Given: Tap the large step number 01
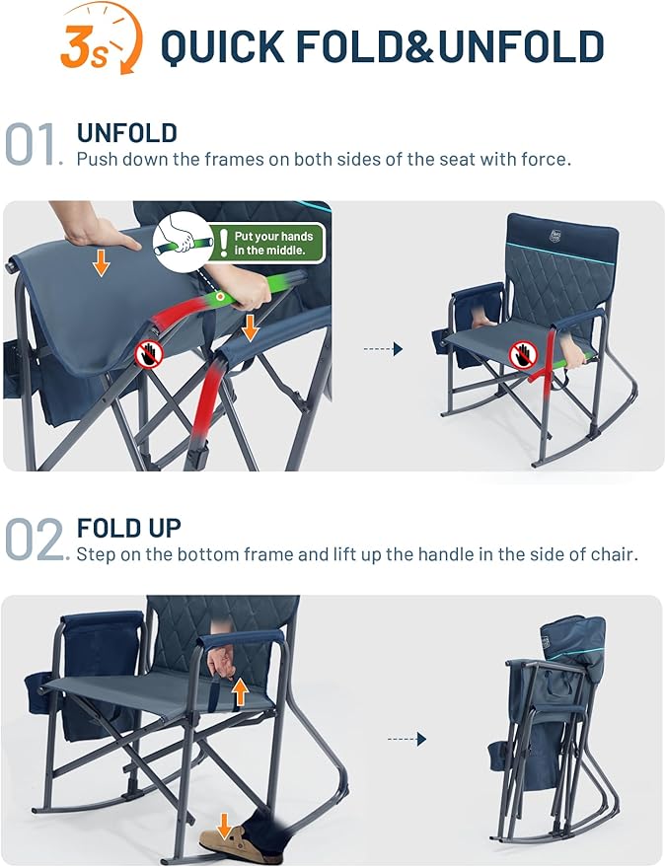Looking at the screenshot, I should [35, 144].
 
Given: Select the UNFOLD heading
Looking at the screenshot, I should [127, 133].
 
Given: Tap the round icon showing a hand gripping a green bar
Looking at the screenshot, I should [184, 240].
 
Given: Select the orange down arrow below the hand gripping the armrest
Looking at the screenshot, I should [251, 325].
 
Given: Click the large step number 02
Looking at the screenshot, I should [35, 540].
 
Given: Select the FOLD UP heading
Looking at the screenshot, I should [129, 528].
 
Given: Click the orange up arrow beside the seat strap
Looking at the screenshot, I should [239, 690].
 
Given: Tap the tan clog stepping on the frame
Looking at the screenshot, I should [226, 837].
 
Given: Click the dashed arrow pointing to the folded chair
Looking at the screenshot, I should [406, 738].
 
